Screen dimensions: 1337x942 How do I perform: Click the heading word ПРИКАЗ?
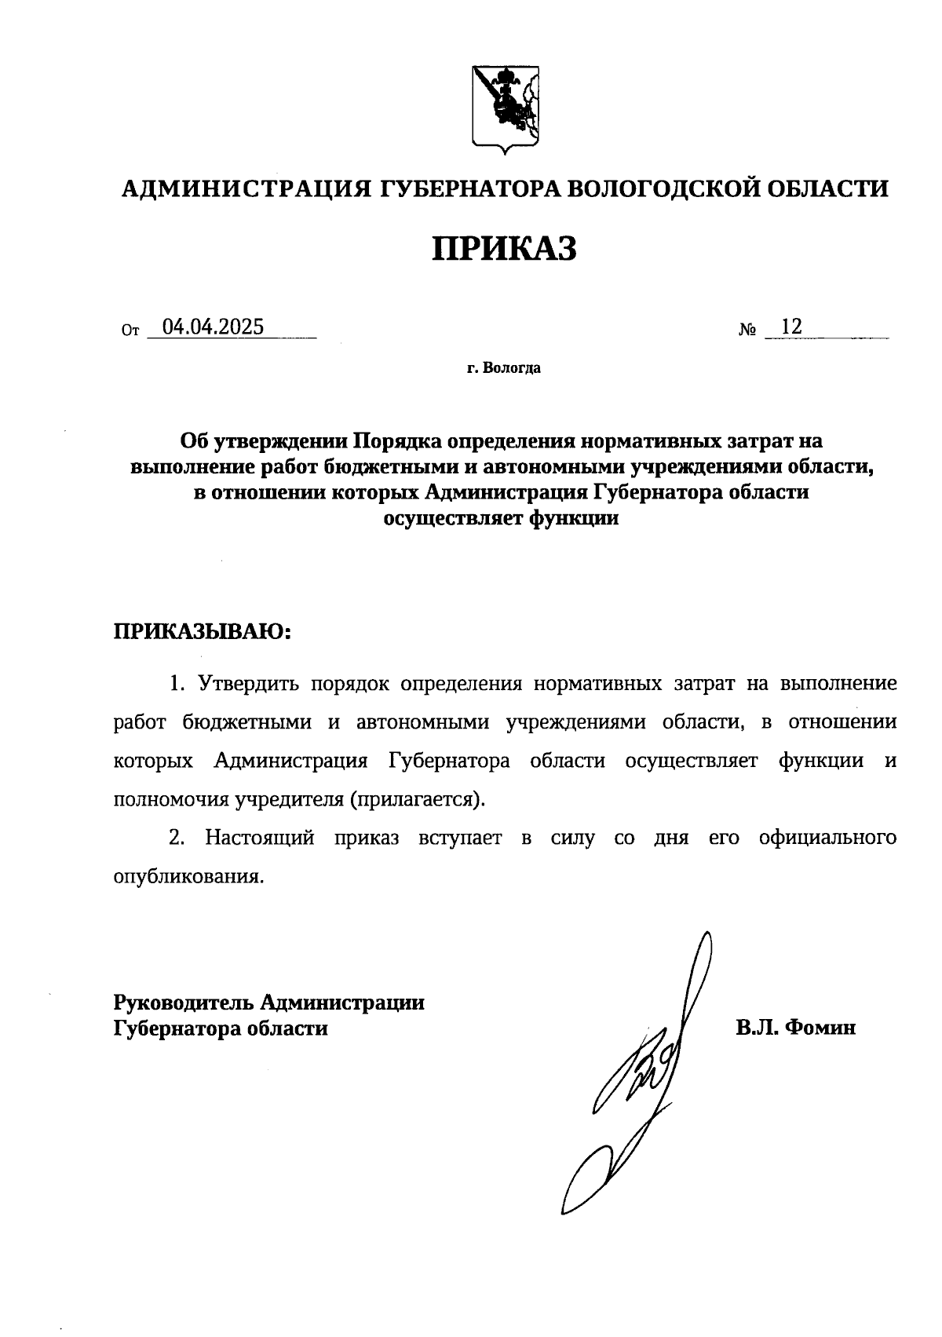click(505, 249)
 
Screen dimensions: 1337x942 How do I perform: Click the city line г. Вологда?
click(503, 368)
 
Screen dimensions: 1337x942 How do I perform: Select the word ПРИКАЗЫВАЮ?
click(203, 632)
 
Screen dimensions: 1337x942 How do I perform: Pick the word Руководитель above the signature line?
click(184, 1003)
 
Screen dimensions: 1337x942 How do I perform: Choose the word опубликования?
click(188, 877)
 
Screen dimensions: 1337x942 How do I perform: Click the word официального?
click(827, 838)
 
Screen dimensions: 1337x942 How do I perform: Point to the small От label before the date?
click(130, 332)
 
